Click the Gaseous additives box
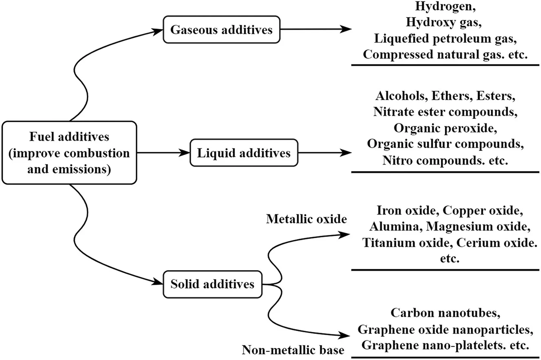222,30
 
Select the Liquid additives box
244,153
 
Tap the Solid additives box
212,283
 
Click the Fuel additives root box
69,153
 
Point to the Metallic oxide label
306,219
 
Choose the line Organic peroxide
445,128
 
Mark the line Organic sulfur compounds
445,144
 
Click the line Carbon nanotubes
445,313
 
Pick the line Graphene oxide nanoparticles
445,329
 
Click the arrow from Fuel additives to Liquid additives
163,153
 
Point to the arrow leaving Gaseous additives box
316,29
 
